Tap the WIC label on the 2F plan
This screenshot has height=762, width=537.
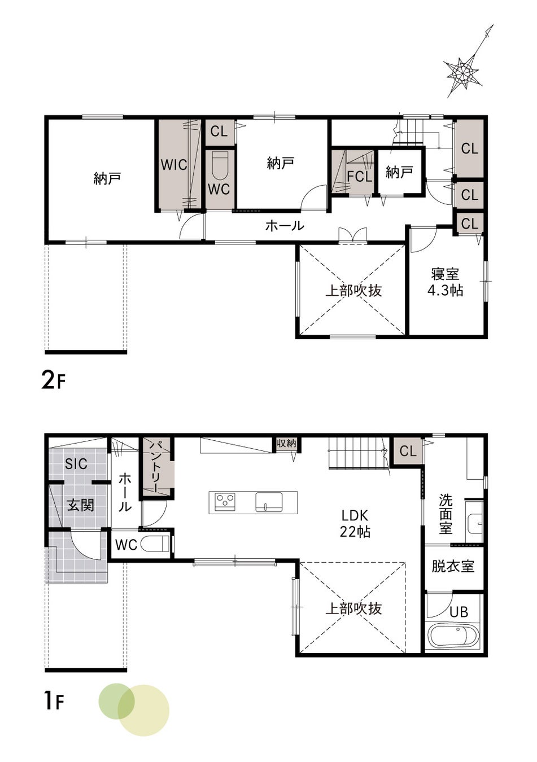[174, 165]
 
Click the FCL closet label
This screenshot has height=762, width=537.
[360, 177]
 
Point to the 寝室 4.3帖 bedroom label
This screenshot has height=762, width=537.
[445, 282]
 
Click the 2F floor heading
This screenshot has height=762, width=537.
[53, 382]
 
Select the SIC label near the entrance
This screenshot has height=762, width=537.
[76, 463]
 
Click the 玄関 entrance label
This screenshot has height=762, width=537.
[80, 505]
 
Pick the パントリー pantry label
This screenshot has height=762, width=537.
[156, 466]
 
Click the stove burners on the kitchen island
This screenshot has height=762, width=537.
[225, 501]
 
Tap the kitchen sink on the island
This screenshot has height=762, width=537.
[269, 502]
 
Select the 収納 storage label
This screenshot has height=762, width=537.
[286, 443]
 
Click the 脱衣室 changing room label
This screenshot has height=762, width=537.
[453, 566]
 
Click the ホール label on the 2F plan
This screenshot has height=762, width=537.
[285, 226]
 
